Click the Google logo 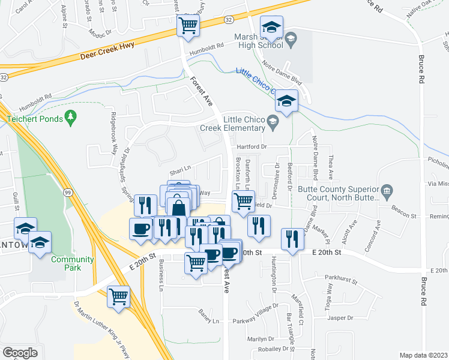[20, 353]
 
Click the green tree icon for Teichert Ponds [71, 119]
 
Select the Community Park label [72, 263]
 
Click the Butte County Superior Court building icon [387, 192]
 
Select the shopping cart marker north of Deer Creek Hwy [188, 26]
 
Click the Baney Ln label [209, 321]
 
